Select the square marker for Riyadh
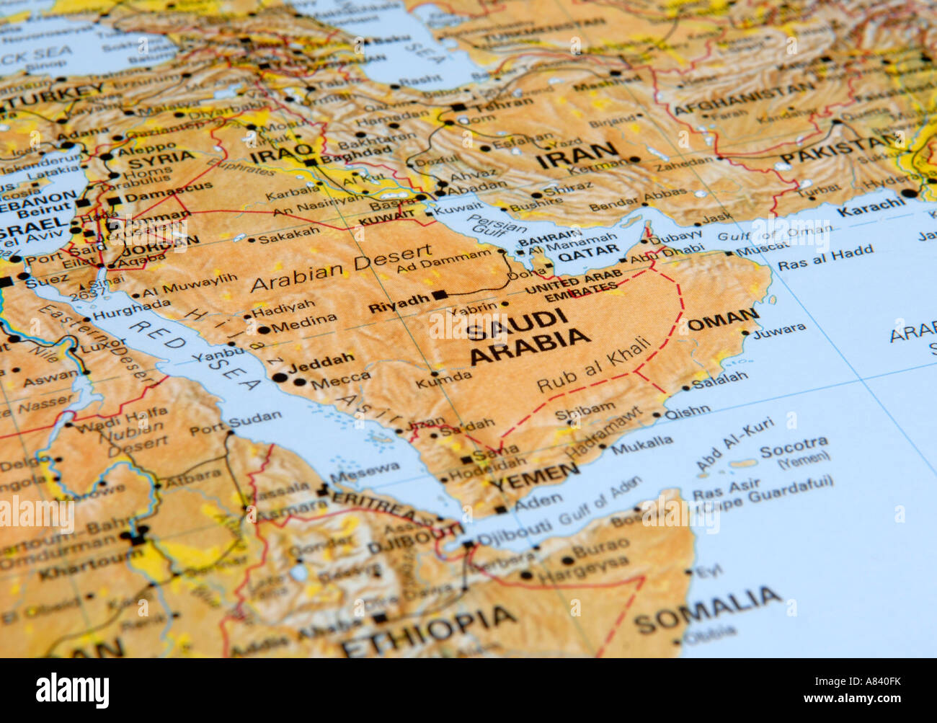440,295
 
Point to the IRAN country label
577,155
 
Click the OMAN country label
723,319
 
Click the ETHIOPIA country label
429,631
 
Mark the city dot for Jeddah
279,377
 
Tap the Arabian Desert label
342,267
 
